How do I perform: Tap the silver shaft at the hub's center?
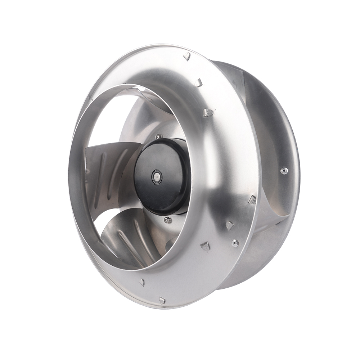[x=157, y=177]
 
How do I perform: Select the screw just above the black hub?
[x=158, y=136]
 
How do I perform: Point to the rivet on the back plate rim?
[x=284, y=170]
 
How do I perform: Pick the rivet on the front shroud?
[x=235, y=243]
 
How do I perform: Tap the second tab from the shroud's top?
[x=199, y=83]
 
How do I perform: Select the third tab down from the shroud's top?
[x=208, y=113]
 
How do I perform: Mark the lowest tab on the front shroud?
[x=162, y=300]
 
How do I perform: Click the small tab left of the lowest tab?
[x=142, y=282]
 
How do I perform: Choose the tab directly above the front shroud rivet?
[x=230, y=225]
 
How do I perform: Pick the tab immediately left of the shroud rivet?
[x=205, y=246]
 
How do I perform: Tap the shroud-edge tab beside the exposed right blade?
[x=252, y=199]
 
